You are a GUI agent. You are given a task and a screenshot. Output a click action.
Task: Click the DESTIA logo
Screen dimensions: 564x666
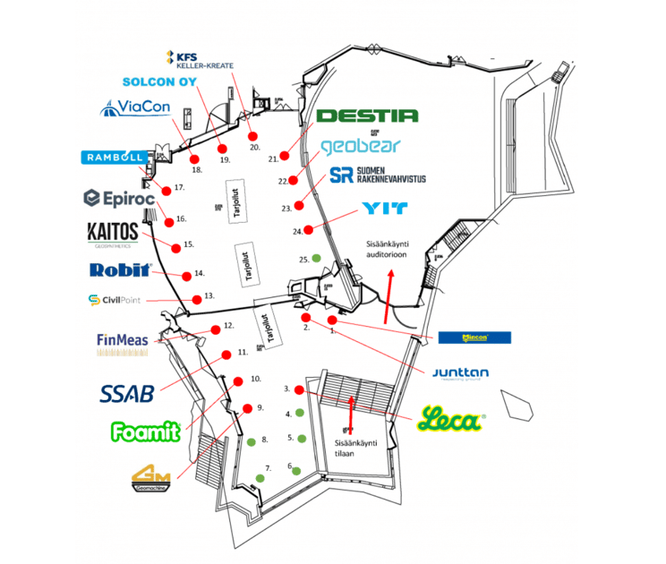tap(368, 115)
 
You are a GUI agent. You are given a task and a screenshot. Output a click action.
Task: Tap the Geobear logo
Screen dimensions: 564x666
tap(360, 145)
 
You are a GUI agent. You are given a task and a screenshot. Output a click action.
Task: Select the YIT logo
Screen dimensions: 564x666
tap(386, 209)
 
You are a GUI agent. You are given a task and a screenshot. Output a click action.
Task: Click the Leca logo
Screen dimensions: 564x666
tap(451, 420)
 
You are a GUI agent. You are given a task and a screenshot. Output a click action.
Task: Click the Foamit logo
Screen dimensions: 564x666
tap(146, 431)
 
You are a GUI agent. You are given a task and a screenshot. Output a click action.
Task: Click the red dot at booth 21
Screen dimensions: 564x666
tap(286, 155)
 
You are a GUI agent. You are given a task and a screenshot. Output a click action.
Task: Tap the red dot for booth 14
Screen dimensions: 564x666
tap(187, 275)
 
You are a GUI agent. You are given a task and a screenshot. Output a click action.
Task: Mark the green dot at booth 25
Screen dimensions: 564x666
tap(315, 259)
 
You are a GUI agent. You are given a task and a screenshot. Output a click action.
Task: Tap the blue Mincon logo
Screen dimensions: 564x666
tap(474, 338)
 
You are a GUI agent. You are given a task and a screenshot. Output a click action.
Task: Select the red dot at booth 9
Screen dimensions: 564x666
tap(248, 408)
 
